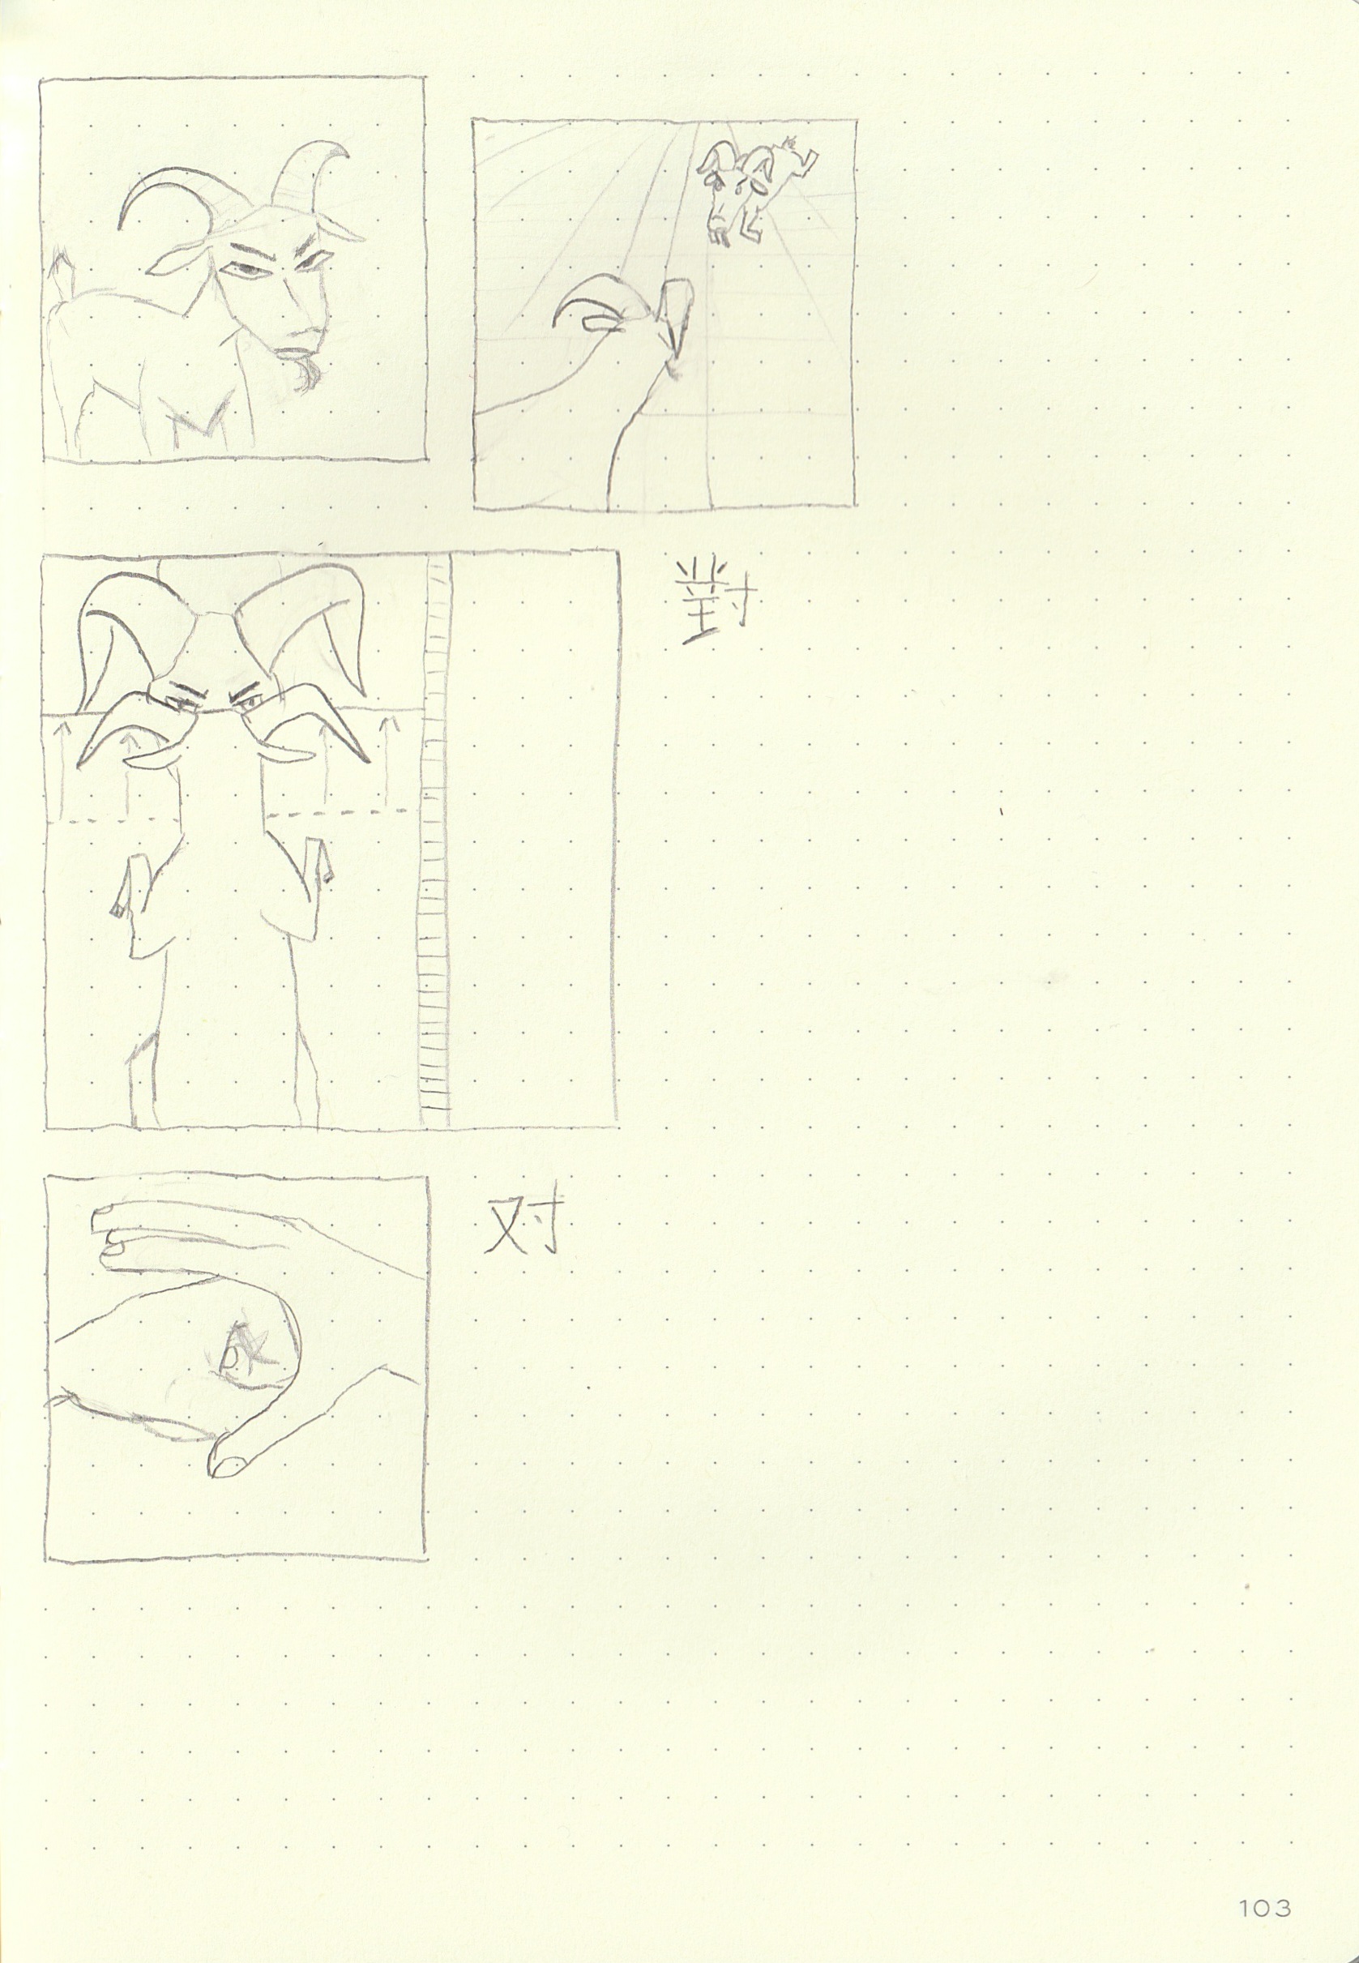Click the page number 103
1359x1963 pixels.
click(1265, 1884)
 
